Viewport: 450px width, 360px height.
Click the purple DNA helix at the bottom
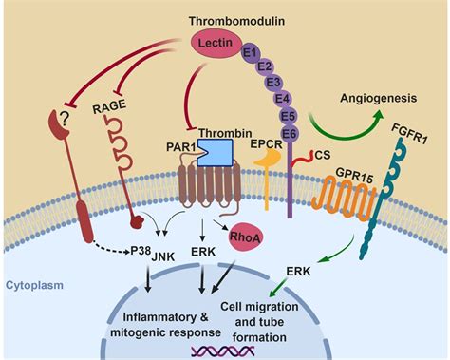[x=220, y=350]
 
